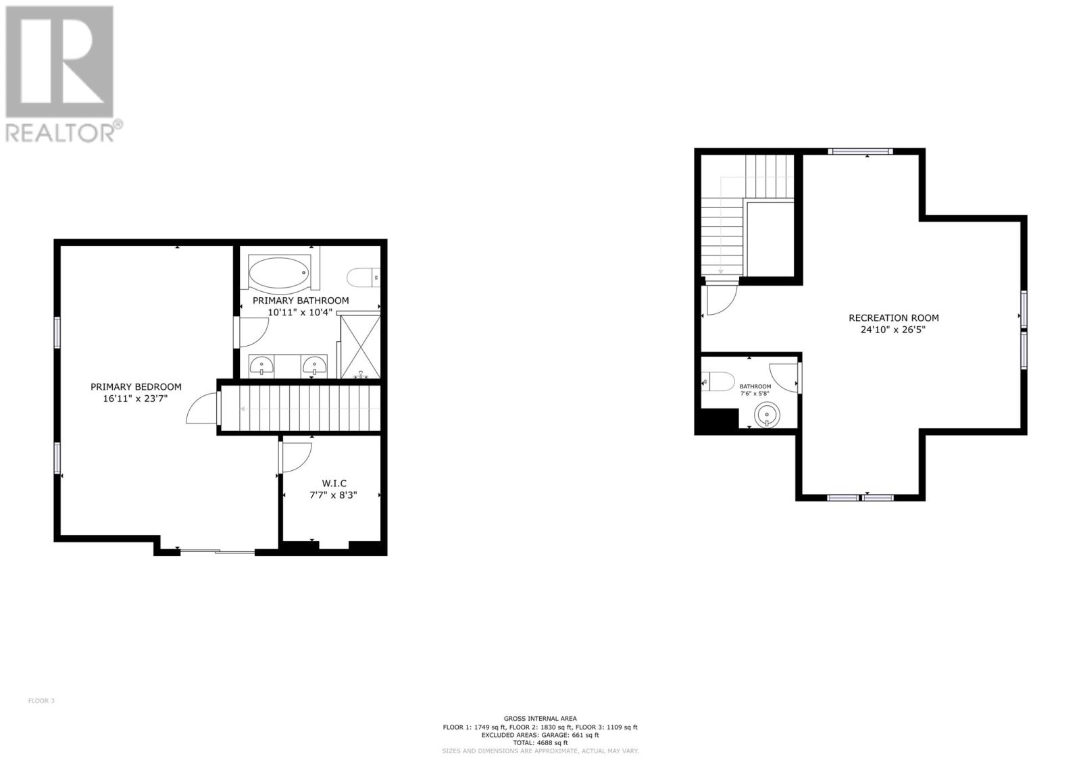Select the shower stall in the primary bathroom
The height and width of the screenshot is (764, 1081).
coord(360,346)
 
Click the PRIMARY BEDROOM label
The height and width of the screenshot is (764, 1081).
coord(136,387)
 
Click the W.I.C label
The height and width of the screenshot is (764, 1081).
coord(334,483)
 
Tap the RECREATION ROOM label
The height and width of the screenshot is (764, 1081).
coord(893,317)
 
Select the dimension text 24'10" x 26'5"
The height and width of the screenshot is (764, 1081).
coord(893,330)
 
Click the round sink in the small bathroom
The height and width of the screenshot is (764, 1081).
coord(767,413)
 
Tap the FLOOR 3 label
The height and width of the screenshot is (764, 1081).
coord(41,701)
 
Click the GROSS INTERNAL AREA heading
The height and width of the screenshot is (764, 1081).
coord(540,719)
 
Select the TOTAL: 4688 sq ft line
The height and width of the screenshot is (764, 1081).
coord(540,742)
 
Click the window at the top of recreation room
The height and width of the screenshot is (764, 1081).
coord(861,151)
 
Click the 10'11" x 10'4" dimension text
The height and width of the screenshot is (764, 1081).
coord(300,312)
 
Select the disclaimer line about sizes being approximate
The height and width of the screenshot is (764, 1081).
coord(540,750)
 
